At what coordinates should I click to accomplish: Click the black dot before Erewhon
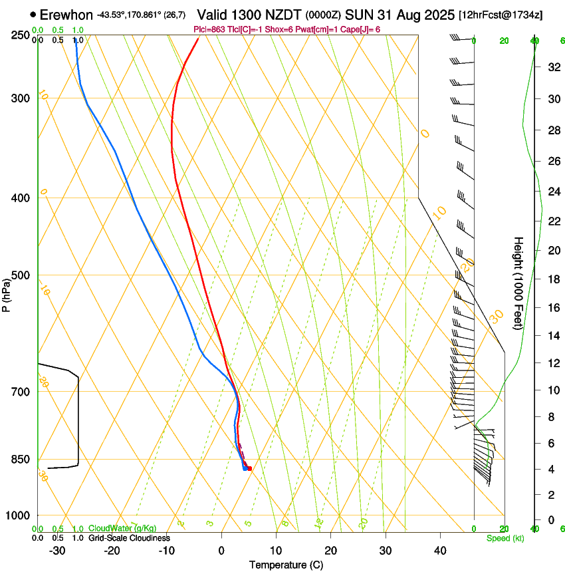[33, 14]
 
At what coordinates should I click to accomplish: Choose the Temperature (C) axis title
[286, 565]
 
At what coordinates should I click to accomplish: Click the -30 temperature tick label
[57, 550]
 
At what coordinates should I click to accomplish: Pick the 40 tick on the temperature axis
[440, 550]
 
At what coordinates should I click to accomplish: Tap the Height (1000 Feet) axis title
[519, 283]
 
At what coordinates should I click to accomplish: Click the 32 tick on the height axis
[552, 67]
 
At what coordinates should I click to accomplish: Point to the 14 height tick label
[552, 336]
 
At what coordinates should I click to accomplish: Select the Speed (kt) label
[505, 538]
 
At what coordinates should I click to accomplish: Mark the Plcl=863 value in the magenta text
[207, 29]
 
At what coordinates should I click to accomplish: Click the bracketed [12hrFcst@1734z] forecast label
[501, 15]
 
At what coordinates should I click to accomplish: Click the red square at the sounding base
[249, 469]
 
